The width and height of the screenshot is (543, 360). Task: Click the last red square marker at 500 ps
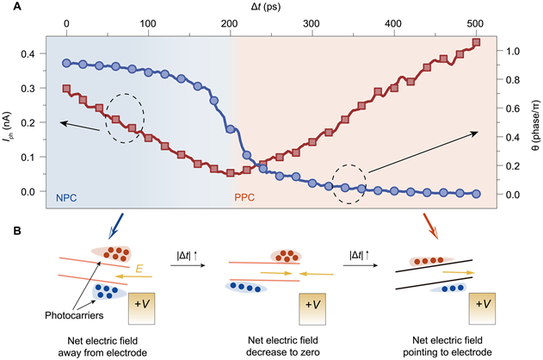coord(476,42)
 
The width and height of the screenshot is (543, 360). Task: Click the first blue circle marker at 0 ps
coord(66,63)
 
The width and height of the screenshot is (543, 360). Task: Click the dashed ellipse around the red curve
coord(125,118)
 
